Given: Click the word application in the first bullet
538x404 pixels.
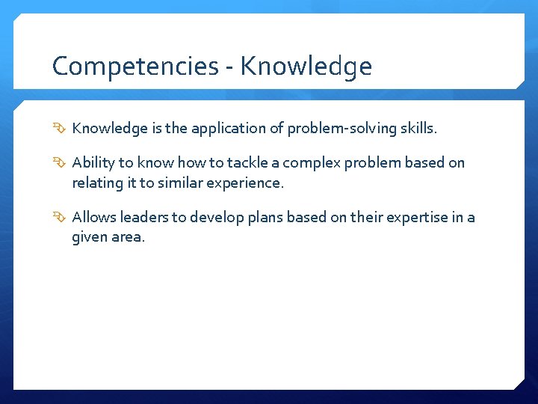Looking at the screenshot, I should (x=228, y=129).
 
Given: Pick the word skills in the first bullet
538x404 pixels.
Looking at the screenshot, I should (x=418, y=129).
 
